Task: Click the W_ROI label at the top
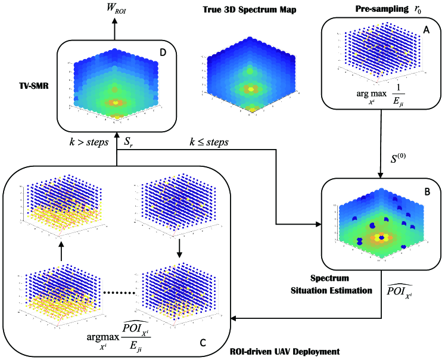click(117, 9)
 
